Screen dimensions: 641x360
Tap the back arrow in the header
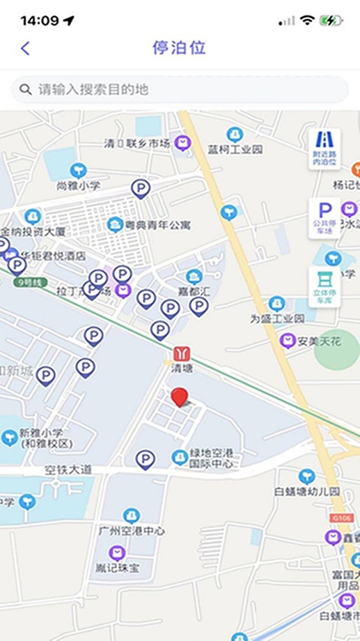pos(26,48)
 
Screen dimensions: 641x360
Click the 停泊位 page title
pos(180,48)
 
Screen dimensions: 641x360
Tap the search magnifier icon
pos(26,89)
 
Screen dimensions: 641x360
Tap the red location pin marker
pos(180,397)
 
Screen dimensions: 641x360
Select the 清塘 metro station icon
pos(181,355)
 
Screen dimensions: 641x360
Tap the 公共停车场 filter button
pos(324,217)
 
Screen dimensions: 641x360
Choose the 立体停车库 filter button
pos(324,286)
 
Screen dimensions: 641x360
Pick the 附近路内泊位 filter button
pos(324,148)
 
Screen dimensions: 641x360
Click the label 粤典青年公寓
pos(158,225)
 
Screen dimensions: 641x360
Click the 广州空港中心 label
pos(132,531)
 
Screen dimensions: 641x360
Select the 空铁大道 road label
pos(68,470)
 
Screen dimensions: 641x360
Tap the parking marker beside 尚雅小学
pos(141,188)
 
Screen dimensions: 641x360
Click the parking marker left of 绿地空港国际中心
pos(145,459)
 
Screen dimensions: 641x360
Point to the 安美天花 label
pos(318,341)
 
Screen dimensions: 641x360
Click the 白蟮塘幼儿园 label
pos(306,491)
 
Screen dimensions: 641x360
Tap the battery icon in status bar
pos(331,21)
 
